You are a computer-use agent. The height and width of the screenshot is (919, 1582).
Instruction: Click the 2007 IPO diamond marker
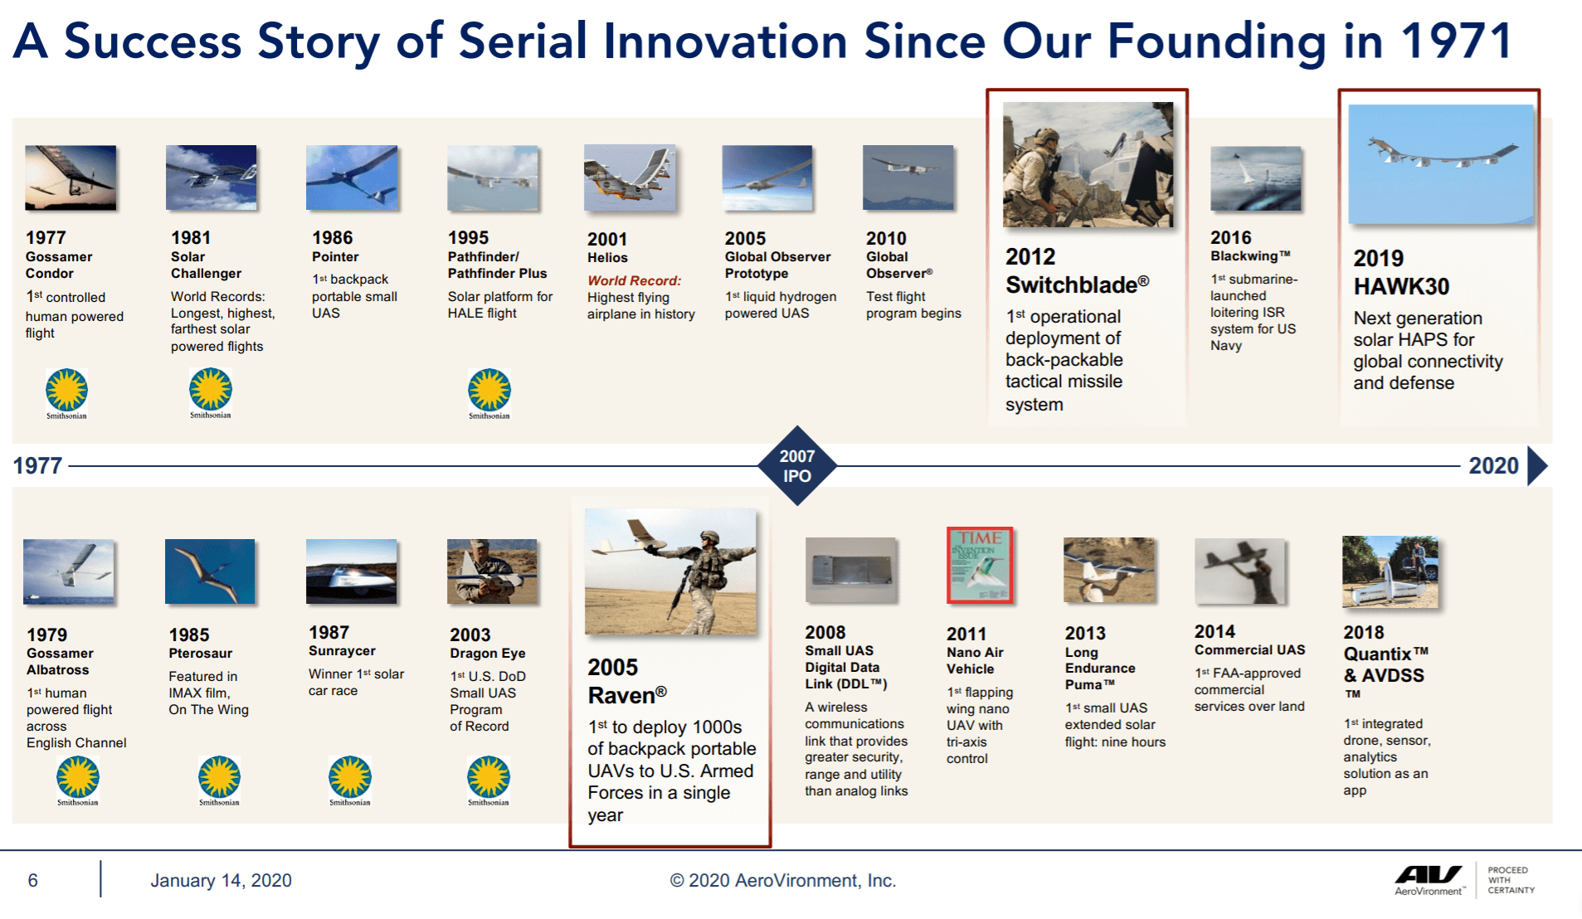point(796,465)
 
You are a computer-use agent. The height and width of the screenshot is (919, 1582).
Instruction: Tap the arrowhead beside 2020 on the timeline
point(1537,465)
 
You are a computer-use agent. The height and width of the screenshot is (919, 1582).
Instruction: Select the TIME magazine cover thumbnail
point(980,565)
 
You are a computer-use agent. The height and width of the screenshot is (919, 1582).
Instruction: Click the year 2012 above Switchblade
point(1030,256)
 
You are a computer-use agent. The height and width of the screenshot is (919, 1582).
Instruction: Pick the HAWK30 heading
point(1401,286)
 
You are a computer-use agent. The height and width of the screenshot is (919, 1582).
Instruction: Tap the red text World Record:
point(634,280)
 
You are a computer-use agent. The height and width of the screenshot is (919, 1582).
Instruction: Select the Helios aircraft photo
point(629,177)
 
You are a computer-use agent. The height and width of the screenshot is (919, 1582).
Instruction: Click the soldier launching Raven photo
point(670,571)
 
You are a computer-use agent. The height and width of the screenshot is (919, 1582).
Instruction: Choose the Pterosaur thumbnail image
point(210,571)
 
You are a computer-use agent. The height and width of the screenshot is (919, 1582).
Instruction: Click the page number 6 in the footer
point(33,880)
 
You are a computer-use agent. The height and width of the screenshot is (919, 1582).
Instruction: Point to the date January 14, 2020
point(221,880)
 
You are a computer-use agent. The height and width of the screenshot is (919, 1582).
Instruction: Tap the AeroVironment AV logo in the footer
point(1429,880)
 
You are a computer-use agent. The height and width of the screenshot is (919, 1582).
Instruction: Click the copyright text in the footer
point(783,880)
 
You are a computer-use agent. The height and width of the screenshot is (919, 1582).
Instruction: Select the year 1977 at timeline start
point(37,465)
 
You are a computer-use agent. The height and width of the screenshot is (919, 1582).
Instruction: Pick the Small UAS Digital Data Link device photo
point(851,570)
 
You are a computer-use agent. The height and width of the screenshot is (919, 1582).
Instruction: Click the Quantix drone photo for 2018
point(1390,572)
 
